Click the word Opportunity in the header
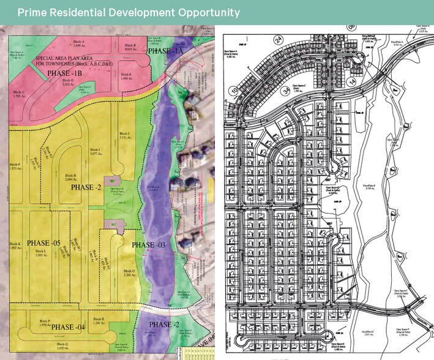(x=204, y=12)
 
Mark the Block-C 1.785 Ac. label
(x=19, y=94)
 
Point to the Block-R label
(x=98, y=319)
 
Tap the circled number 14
(x=351, y=81)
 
